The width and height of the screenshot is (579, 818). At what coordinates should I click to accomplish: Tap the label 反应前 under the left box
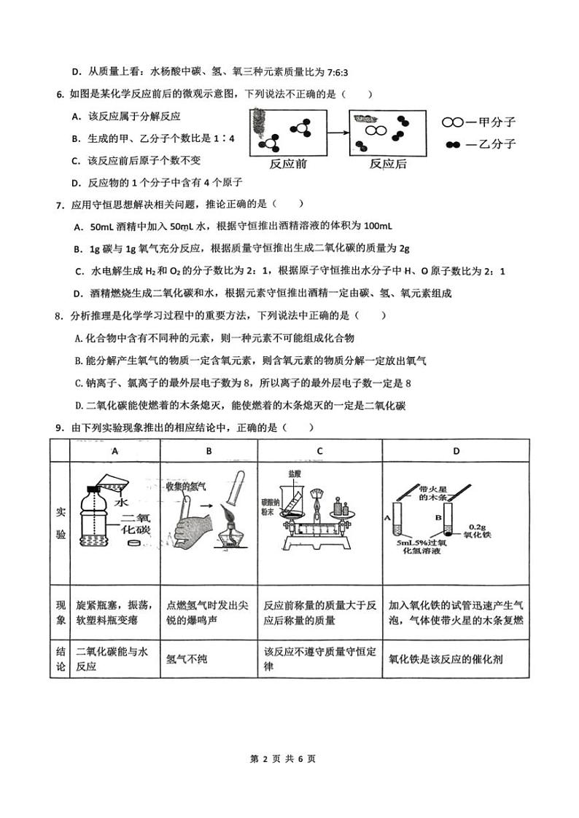tap(288, 164)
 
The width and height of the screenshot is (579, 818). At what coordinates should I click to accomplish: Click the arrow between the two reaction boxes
tap(335, 132)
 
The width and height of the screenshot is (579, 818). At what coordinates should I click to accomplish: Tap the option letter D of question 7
tap(78, 294)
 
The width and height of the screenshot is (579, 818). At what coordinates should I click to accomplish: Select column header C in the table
tap(319, 451)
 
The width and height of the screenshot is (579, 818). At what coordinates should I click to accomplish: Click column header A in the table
tap(114, 451)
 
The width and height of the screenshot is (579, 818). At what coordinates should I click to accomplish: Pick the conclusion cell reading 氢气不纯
tap(187, 658)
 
